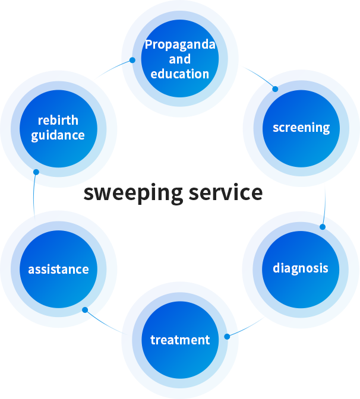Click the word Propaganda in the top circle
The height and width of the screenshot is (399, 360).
(x=180, y=45)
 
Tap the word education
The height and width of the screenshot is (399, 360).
(x=180, y=74)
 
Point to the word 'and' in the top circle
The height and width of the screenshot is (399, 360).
(x=180, y=59)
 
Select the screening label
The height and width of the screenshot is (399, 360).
(x=301, y=128)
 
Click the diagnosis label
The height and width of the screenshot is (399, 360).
(x=301, y=268)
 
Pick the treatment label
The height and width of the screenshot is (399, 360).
(x=180, y=340)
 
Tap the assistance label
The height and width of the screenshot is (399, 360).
(x=58, y=270)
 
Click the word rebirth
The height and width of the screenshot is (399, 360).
(x=58, y=121)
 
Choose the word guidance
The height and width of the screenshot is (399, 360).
(x=58, y=135)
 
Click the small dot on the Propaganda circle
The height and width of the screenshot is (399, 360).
(x=132, y=60)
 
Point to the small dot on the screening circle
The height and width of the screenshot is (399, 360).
(x=274, y=89)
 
